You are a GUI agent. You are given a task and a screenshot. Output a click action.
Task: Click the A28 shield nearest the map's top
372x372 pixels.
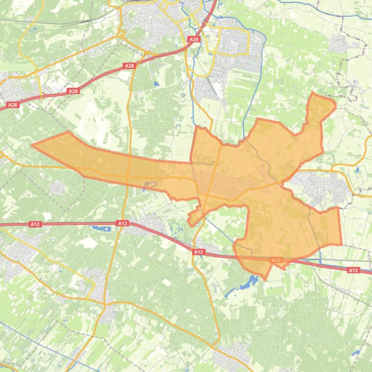click(194, 40)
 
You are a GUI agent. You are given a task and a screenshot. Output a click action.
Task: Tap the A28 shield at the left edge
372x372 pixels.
click(13, 104)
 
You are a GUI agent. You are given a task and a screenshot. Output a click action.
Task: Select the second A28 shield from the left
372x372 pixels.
click(73, 91)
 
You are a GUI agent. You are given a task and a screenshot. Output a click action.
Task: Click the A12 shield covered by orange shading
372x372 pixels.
click(276, 260)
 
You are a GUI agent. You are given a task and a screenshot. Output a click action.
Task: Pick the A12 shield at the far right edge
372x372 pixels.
click(354, 270)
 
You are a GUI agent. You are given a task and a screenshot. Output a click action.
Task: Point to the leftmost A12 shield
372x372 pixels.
click(35, 224)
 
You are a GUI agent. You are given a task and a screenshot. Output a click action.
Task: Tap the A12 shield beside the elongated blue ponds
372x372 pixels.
click(122, 223)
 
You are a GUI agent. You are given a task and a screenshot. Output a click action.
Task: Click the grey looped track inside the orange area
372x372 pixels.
click(150, 185)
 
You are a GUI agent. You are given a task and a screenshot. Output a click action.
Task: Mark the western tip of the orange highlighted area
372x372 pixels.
click(32, 144)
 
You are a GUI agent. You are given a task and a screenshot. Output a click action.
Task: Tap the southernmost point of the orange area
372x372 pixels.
click(266, 279)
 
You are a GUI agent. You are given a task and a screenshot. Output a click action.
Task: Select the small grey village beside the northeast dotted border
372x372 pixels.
click(339, 44)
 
